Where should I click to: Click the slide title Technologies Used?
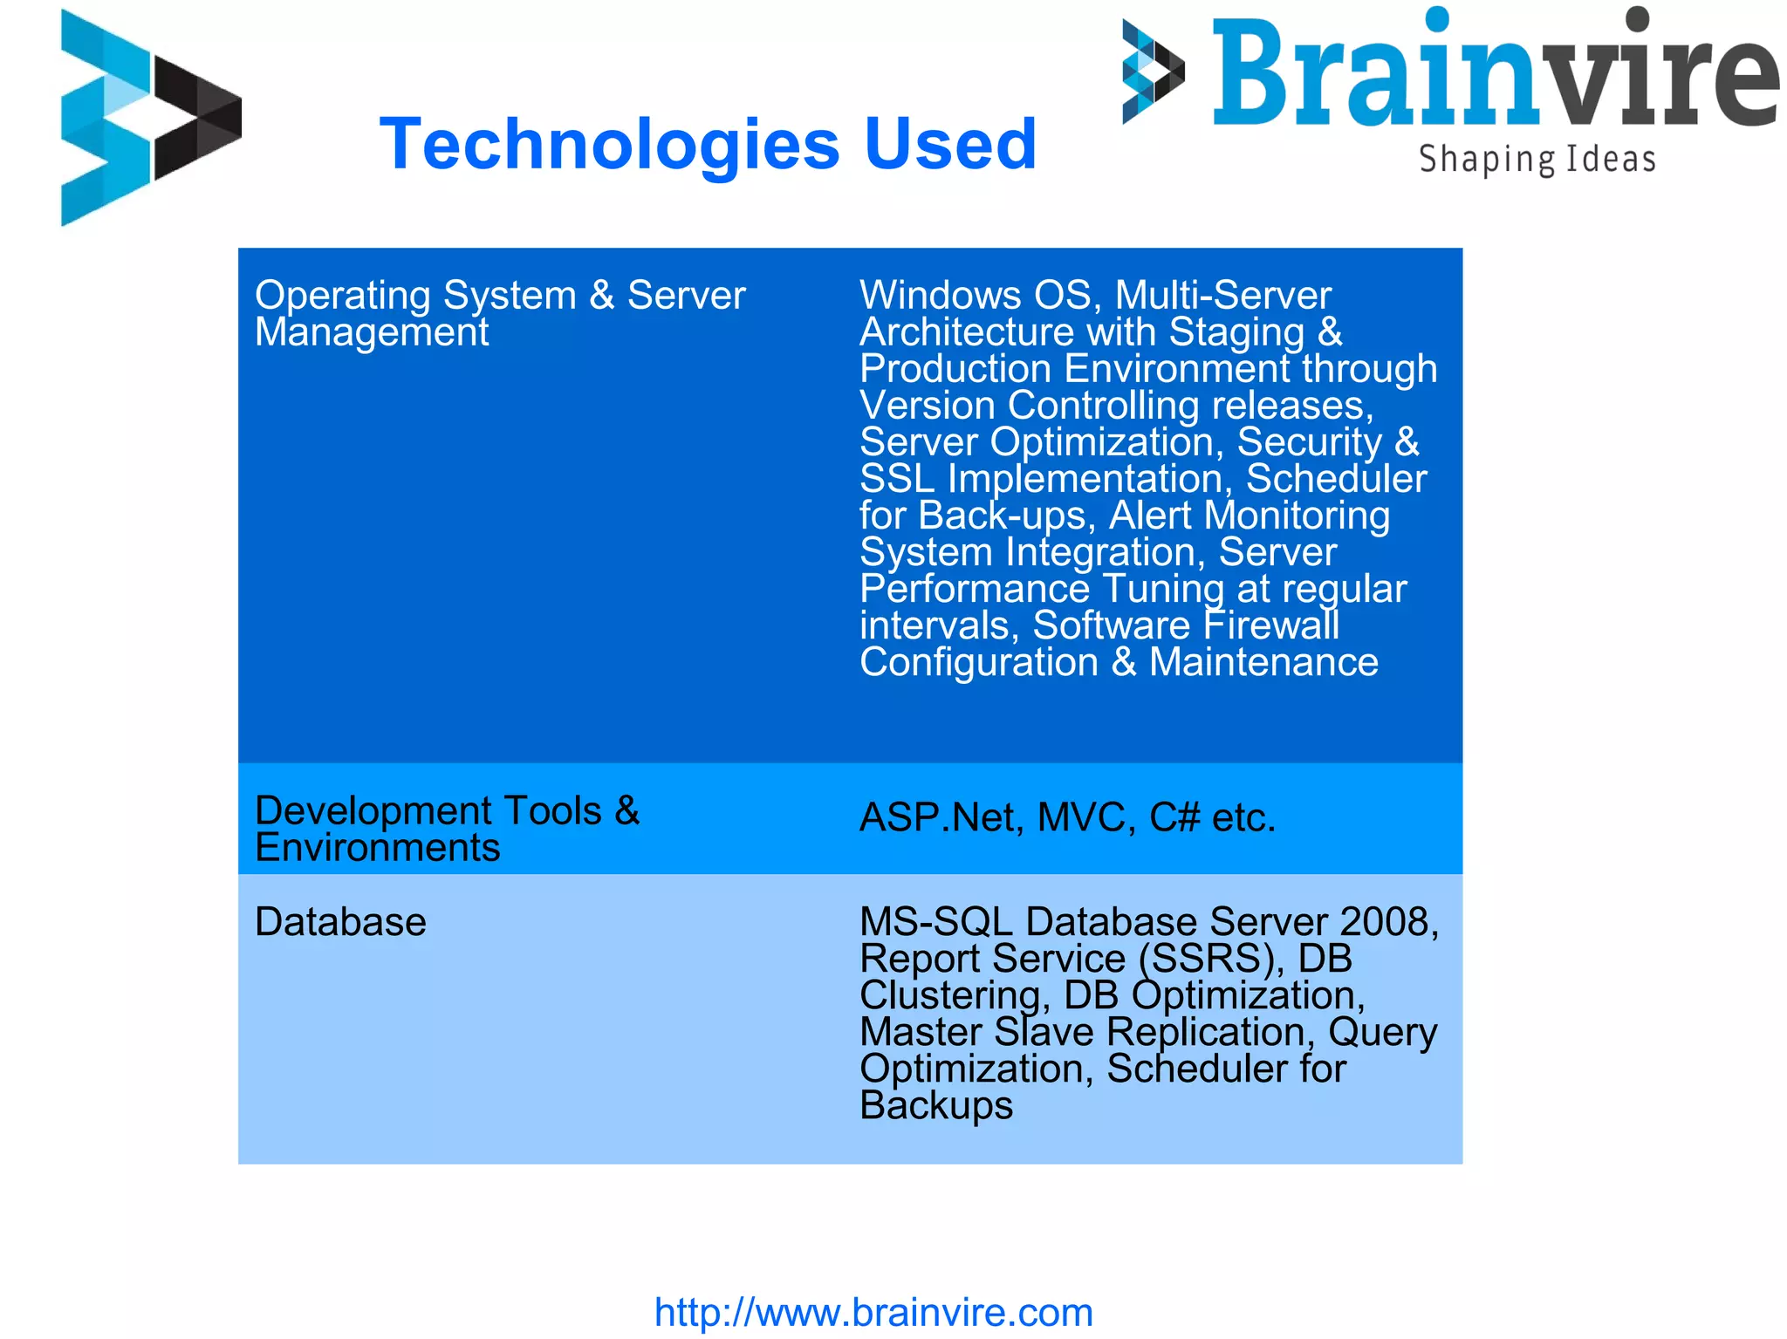point(708,144)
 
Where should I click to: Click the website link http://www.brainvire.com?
point(873,1312)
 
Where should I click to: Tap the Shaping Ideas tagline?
point(1537,160)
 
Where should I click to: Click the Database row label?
point(340,922)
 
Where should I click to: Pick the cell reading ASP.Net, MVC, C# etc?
point(1067,818)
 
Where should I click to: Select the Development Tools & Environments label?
point(447,829)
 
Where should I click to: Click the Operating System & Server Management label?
point(499,313)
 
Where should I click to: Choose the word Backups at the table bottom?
point(935,1106)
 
